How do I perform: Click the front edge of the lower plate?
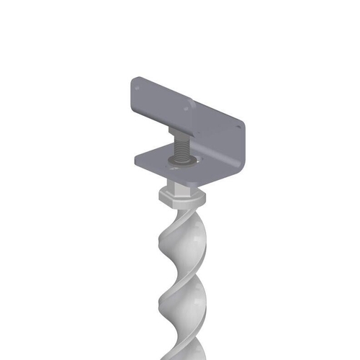pos(173,175)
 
